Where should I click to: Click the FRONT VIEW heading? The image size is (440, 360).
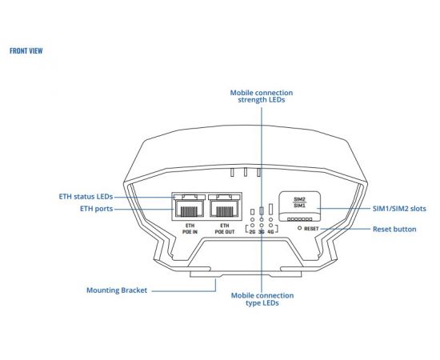26,50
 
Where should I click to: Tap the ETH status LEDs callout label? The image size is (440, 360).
86,197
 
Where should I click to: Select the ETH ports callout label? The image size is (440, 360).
97,209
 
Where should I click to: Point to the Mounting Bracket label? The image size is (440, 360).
117,290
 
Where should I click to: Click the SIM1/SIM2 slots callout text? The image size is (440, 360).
399,209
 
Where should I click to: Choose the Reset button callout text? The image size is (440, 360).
394,230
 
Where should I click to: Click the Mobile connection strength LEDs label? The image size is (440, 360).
262,96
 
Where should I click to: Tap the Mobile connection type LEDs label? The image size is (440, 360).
262,299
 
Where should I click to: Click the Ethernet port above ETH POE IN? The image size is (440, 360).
190,209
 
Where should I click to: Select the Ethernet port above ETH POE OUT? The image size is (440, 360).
225,209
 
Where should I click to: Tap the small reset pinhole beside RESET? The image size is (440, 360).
299,229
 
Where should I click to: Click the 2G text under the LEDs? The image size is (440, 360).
252,232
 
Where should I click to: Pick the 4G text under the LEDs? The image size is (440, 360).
270,232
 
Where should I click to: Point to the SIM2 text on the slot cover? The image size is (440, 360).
300,199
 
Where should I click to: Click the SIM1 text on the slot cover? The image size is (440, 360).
300,206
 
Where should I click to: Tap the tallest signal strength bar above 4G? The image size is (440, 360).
270,210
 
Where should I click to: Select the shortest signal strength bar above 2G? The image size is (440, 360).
252,212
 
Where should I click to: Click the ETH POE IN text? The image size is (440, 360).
190,229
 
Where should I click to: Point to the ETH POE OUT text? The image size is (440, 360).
225,229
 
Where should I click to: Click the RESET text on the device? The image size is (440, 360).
311,229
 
